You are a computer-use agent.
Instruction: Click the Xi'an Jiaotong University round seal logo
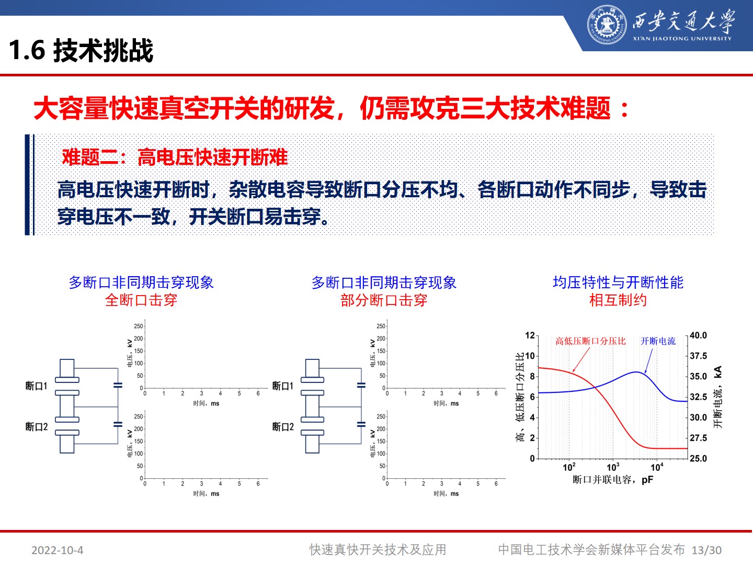[606, 25]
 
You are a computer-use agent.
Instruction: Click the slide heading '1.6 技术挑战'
[81, 51]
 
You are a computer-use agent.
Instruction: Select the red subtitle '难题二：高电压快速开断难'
[175, 157]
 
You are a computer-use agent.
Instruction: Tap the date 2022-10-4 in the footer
[57, 550]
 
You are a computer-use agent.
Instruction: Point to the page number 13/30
[706, 550]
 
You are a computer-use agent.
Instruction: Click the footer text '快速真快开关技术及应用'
[378, 550]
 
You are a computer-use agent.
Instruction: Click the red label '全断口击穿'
[141, 300]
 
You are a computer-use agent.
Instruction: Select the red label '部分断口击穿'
[384, 300]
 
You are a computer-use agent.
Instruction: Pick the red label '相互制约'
[618, 300]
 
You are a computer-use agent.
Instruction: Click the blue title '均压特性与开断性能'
[618, 282]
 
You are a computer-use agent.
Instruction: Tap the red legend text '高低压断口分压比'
[590, 341]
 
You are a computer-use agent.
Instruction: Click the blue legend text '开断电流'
[658, 341]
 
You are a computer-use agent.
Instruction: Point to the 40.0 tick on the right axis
[698, 335]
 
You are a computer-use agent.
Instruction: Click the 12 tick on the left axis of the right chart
[530, 335]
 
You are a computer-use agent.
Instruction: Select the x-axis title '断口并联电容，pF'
[613, 480]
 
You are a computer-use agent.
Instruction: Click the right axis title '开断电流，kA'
[718, 397]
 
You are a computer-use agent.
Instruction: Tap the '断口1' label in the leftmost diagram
[36, 386]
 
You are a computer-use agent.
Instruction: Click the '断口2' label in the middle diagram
[283, 427]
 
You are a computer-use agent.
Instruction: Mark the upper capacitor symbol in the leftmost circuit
[118, 385]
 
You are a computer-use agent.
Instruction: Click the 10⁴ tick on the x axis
[657, 467]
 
